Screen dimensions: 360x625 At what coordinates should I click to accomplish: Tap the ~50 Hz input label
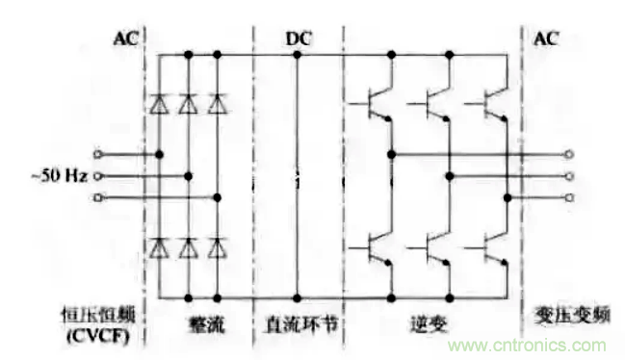(x=60, y=176)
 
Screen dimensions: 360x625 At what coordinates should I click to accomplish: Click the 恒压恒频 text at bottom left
(x=100, y=315)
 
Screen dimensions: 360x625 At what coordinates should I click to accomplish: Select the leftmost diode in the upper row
(x=159, y=105)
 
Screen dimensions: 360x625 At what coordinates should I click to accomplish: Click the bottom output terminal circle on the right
(x=570, y=198)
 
